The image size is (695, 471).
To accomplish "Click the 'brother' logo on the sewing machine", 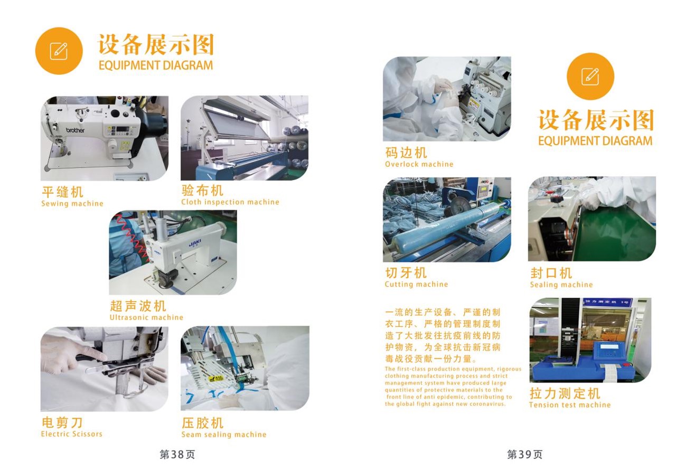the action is (75, 130).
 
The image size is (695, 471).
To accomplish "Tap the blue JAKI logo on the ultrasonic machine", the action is (195, 243).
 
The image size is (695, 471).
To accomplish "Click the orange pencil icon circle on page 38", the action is (59, 51).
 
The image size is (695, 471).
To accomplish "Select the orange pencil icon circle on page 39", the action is (590, 77).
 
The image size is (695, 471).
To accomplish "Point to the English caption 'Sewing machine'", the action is (72, 203).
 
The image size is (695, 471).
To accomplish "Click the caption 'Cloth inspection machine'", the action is (230, 202).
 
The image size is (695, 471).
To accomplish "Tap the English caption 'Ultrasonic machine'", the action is (146, 317).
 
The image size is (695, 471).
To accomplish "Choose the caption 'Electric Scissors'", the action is (72, 434).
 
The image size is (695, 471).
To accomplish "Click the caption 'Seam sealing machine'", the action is (224, 435).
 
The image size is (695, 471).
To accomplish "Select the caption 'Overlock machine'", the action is (419, 164).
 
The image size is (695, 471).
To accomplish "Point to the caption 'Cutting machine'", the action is (416, 284).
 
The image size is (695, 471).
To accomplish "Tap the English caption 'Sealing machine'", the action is (561, 285).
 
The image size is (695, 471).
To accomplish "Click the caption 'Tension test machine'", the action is (570, 405).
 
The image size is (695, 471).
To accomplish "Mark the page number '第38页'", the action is (177, 455).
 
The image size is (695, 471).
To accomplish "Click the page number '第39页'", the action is (524, 455).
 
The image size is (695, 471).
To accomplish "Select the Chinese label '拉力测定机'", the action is (565, 393).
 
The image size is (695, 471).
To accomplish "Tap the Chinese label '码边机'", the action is (406, 153).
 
